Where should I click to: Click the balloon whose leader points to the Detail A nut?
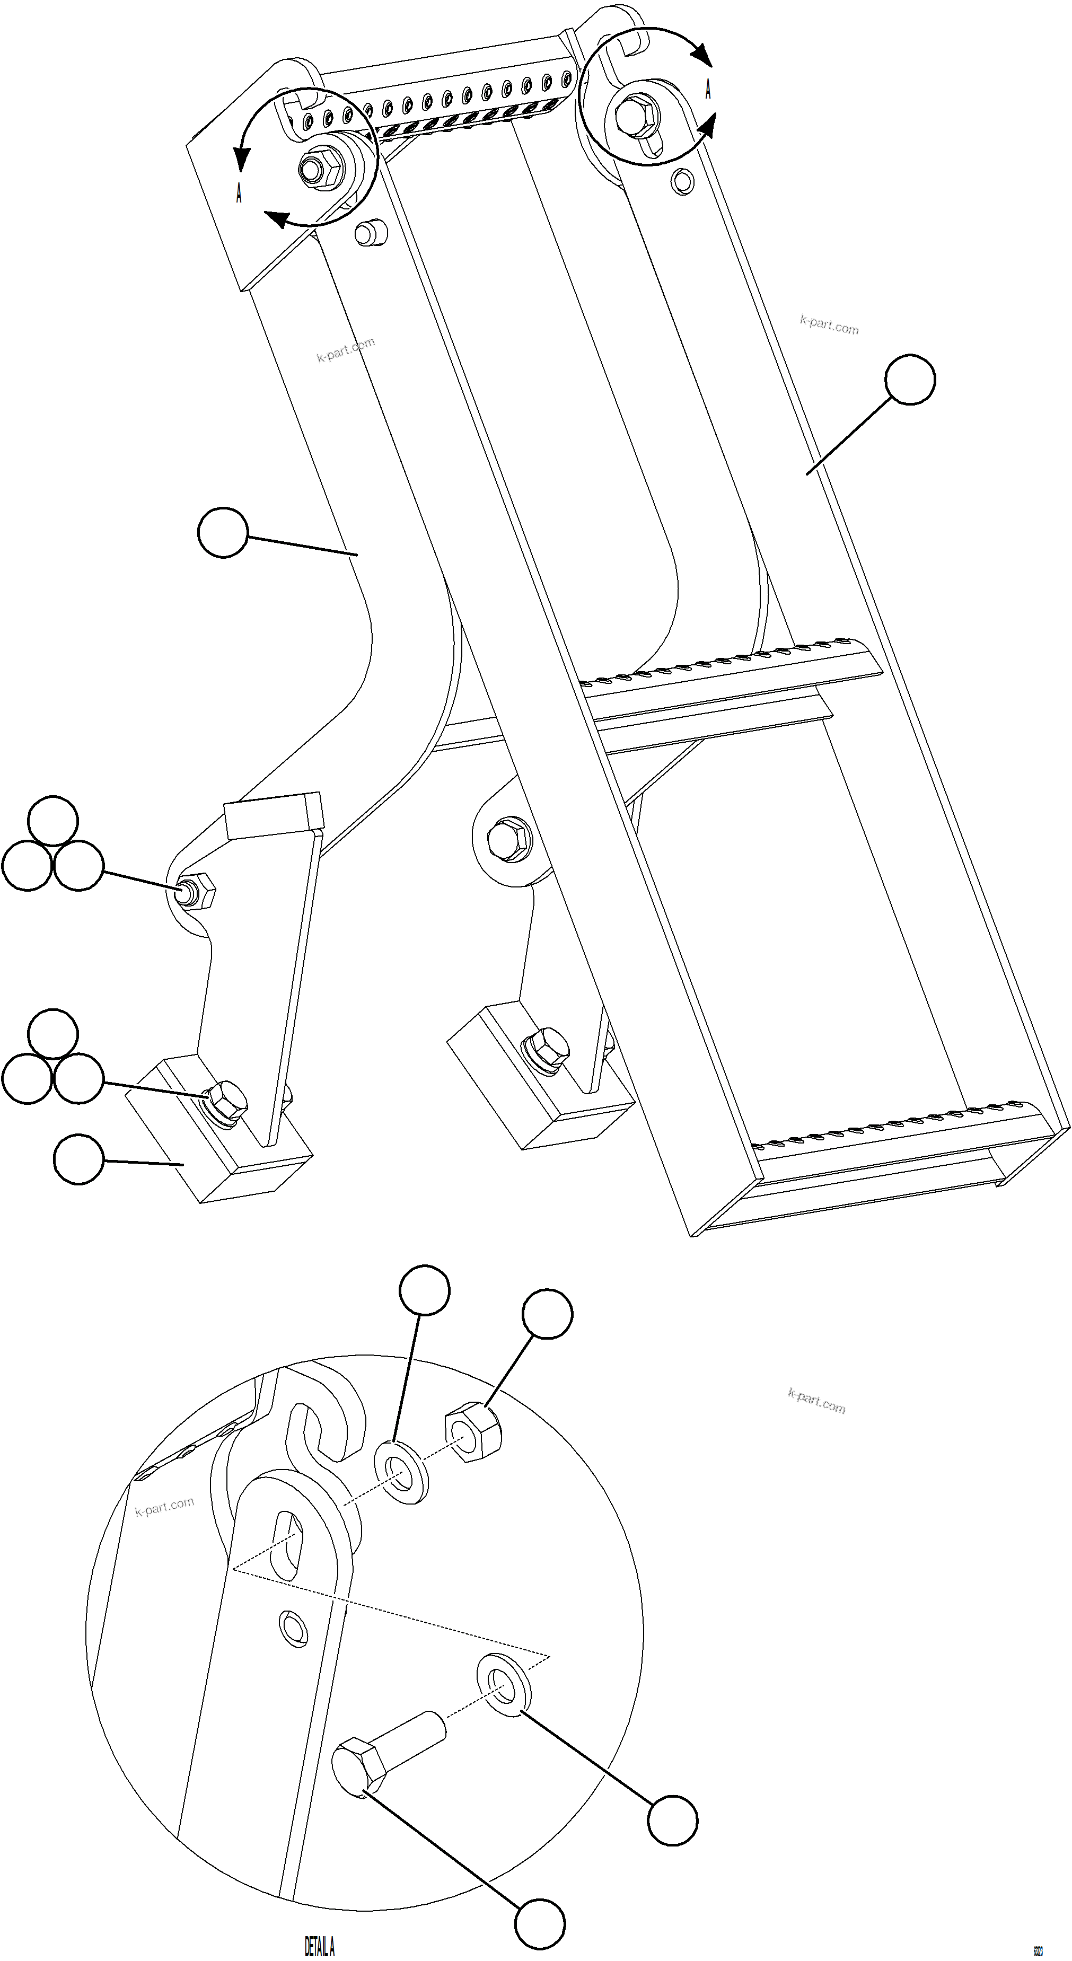pos(547,1314)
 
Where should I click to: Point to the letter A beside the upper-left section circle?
pos(239,194)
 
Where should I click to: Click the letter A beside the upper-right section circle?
pos(708,89)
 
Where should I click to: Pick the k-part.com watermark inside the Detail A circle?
pos(164,1507)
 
